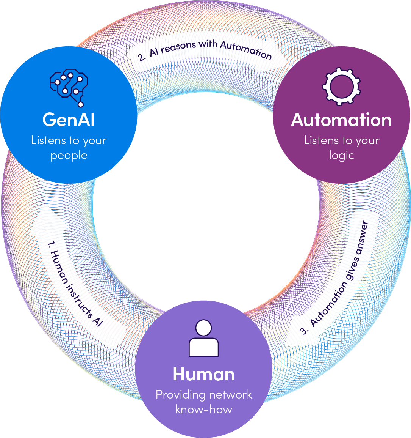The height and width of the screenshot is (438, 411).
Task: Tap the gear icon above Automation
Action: [341, 86]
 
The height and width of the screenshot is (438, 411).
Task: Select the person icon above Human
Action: [204, 338]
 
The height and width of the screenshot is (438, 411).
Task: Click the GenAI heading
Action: [69, 120]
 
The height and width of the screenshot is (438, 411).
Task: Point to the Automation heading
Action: [341, 120]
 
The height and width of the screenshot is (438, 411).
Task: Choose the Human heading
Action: [204, 374]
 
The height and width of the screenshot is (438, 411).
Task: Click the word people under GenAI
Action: [69, 156]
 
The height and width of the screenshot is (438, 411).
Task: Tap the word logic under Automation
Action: [341, 156]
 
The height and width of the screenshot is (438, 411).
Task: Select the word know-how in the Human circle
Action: [204, 410]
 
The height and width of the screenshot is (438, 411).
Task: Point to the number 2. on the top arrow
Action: [141, 58]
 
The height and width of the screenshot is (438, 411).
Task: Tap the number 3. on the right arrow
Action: [304, 330]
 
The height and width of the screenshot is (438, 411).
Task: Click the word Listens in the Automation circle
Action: [321, 140]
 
